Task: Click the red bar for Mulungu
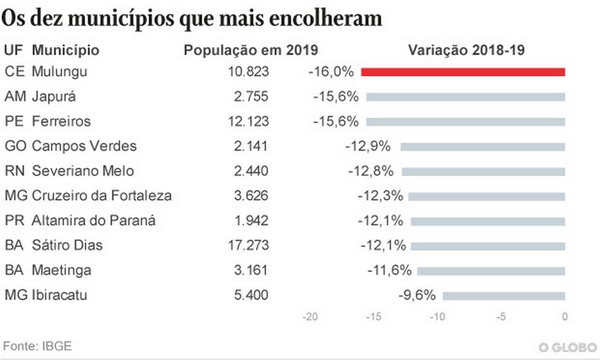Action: [463, 72]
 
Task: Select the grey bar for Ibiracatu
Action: [504, 295]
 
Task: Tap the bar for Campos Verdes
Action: [483, 146]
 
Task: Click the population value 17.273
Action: [249, 245]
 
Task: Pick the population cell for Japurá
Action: [251, 97]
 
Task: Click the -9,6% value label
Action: [417, 295]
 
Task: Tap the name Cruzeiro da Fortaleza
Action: [102, 195]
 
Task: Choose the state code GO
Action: [14, 146]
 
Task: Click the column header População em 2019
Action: [251, 50]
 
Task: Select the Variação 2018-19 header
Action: [466, 50]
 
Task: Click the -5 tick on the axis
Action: [501, 317]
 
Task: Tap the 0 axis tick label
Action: [565, 317]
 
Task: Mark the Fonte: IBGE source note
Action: [38, 347]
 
